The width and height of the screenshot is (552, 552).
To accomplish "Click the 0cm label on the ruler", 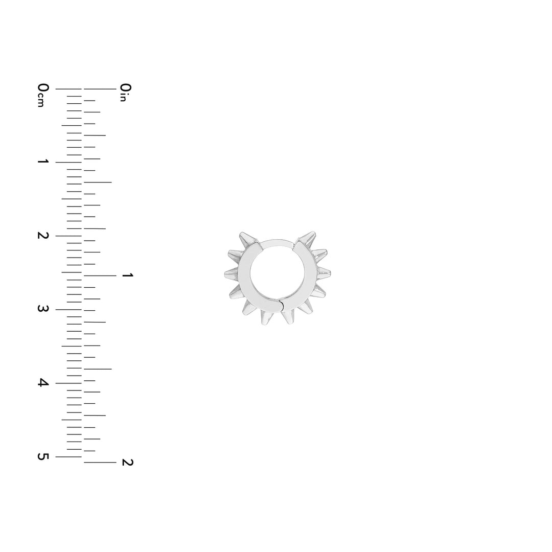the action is coord(42,95).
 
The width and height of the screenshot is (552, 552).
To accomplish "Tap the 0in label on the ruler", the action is coord(126,92).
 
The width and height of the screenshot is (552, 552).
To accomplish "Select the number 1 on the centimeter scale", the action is coord(43,161).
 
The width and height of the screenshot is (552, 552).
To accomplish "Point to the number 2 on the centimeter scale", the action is coord(43,235).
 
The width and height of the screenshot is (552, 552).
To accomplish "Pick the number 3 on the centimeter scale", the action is coord(43,309).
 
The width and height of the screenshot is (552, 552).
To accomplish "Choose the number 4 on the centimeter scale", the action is coord(43,383).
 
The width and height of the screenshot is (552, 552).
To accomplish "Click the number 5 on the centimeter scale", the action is coord(43,456).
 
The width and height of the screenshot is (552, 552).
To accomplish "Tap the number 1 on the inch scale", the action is coord(127,275).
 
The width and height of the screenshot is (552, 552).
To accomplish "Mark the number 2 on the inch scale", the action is coord(127,462).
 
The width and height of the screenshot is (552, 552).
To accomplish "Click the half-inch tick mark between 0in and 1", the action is coord(98,182).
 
